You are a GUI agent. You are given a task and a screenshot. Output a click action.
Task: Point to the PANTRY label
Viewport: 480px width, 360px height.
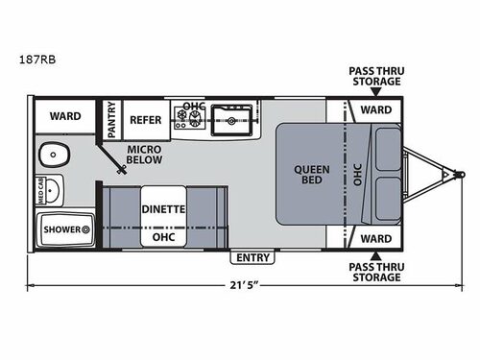[x=110, y=120]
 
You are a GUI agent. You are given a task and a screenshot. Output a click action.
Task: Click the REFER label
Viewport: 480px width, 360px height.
[x=145, y=120]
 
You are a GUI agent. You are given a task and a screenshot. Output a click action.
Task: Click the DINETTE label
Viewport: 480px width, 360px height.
[x=163, y=207]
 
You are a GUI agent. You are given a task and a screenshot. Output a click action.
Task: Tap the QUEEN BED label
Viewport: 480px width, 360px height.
[x=311, y=176]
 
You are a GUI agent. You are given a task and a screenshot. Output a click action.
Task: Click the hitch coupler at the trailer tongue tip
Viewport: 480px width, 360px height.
[x=449, y=175]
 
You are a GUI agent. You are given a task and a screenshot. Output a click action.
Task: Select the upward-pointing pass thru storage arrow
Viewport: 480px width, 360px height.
[x=375, y=254]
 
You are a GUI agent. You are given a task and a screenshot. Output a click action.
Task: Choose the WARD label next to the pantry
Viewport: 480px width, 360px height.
[x=65, y=116]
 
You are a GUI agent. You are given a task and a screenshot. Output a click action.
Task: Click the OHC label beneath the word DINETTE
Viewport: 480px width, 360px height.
[x=163, y=235]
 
